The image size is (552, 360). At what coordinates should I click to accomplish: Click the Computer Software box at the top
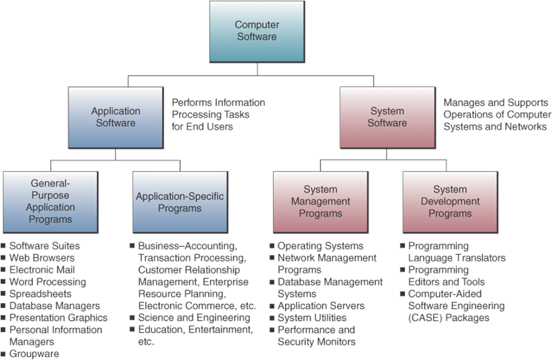pos(256,31)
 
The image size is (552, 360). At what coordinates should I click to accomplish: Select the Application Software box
pos(116,117)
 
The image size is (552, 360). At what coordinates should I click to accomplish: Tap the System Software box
pos(387,117)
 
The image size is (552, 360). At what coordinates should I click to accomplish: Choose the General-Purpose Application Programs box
pos(50,201)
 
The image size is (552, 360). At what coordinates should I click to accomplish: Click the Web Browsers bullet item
pos(41,258)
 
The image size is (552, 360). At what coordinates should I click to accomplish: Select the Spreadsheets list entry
pos(40,294)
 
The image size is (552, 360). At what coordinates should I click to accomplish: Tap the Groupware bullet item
pos(34,354)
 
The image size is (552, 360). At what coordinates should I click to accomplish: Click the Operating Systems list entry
pos(320,246)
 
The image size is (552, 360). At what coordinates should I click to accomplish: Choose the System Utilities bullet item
pos(312,318)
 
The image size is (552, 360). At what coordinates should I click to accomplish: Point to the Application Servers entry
pos(320,306)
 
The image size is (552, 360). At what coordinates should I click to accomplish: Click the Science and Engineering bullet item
pos(194,318)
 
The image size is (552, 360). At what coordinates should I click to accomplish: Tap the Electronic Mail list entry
pos(41,270)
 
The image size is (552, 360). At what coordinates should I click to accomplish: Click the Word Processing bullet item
pos(47,282)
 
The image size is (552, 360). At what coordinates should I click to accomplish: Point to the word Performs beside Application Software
pos(191,102)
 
